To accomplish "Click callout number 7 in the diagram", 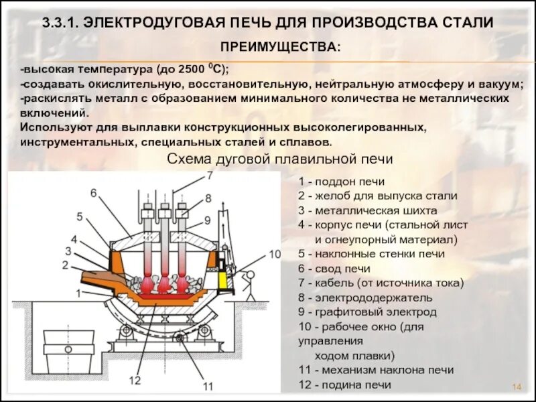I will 208,176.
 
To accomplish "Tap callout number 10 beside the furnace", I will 275,254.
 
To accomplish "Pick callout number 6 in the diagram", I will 94,193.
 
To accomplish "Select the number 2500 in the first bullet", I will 190,70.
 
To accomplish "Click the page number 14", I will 517,387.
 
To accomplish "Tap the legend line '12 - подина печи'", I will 344,385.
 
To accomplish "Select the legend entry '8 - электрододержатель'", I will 365,297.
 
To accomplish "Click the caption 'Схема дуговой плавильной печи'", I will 279,159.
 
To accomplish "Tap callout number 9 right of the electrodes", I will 207,219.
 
